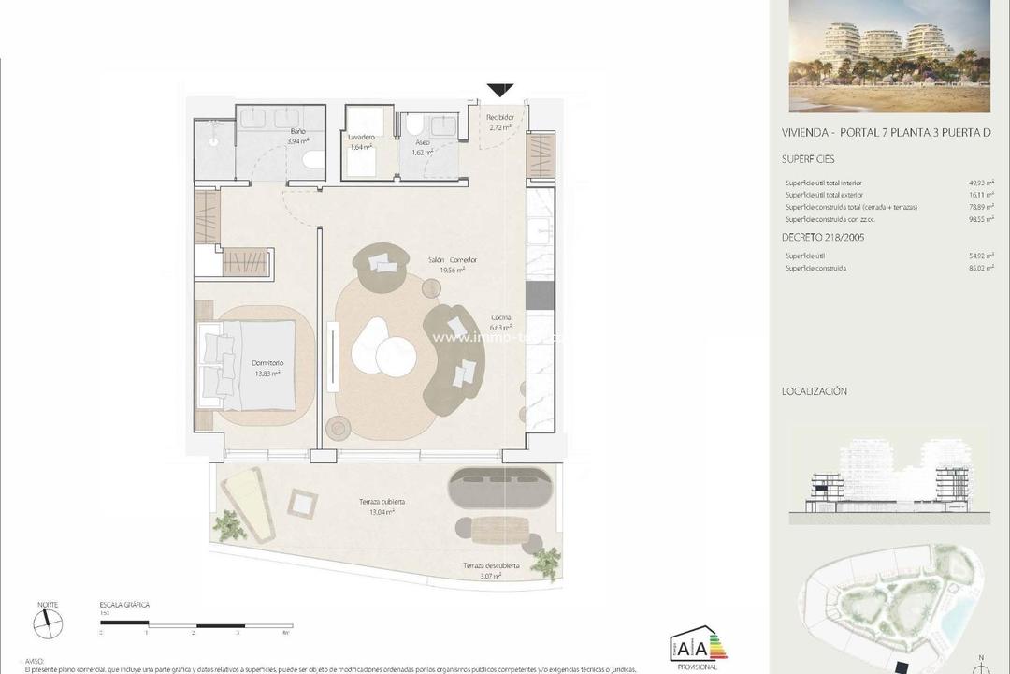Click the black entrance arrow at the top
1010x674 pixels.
(x=500, y=90)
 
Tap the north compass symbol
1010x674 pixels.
(x=47, y=624)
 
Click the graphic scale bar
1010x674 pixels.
(x=192, y=623)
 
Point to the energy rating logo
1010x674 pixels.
(x=698, y=645)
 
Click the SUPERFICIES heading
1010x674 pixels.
(x=808, y=159)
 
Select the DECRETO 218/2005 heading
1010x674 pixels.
(x=823, y=238)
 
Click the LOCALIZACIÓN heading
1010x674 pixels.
(x=814, y=391)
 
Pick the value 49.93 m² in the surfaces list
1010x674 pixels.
(x=980, y=183)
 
